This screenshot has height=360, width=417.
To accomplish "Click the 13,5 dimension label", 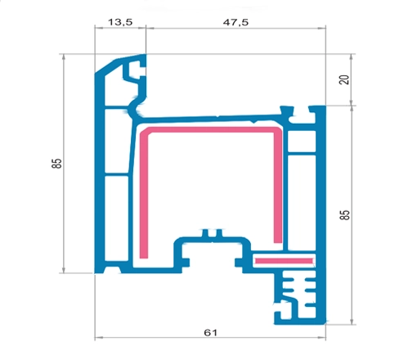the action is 120,22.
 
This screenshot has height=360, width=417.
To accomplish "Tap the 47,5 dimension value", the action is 235,22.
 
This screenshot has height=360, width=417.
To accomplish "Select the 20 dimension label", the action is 344,79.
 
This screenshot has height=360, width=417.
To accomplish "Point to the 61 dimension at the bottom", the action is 211,332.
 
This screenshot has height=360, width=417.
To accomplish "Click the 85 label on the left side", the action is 56,164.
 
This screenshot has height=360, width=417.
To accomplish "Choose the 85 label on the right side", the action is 344,214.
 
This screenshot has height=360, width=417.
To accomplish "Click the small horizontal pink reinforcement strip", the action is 284,261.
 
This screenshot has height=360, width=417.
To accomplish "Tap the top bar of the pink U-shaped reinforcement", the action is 211,130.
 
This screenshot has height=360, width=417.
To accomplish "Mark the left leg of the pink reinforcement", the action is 144,195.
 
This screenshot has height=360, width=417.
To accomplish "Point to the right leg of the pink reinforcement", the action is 278,187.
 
